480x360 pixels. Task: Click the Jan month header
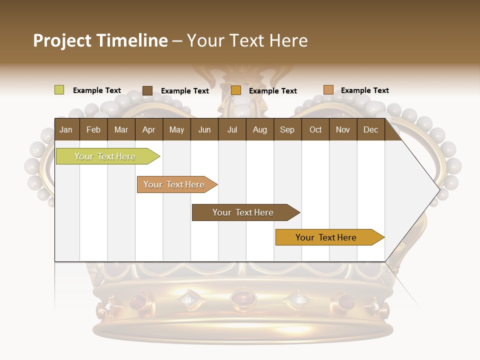(x=66, y=130)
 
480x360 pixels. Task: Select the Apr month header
(x=148, y=130)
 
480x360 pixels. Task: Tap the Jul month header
(x=232, y=130)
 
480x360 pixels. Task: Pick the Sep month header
(x=287, y=130)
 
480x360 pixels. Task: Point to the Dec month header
(x=370, y=130)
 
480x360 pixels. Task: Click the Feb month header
(x=93, y=130)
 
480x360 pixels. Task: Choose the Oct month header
(x=315, y=130)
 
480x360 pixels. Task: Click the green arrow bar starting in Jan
(x=105, y=156)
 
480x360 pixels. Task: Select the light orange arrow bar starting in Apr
(x=174, y=184)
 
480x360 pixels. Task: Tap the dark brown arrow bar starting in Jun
(x=243, y=212)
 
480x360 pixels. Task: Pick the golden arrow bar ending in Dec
(x=326, y=237)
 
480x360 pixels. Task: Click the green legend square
(x=59, y=90)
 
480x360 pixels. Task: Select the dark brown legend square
(x=147, y=90)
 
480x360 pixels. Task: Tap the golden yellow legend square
(x=236, y=90)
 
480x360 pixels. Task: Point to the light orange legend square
(x=328, y=90)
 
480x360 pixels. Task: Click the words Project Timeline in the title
(x=100, y=40)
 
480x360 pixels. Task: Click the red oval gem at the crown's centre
(x=242, y=298)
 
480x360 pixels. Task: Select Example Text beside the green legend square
(x=97, y=90)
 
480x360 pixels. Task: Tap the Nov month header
(x=343, y=130)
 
